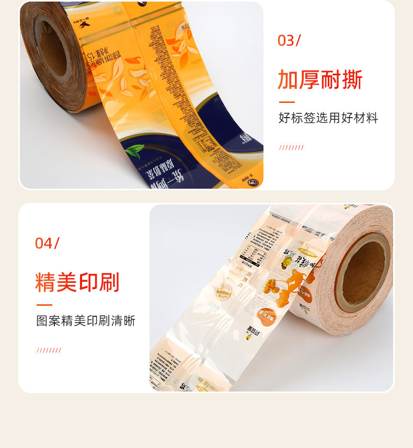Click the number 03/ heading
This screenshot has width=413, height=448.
tap(289, 41)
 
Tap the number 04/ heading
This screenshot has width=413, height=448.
tap(47, 243)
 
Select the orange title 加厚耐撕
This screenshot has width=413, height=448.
tap(319, 79)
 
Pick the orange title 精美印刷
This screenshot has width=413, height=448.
tap(77, 282)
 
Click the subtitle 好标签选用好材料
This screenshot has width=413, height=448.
tap(328, 118)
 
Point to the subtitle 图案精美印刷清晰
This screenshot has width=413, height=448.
tap(86, 321)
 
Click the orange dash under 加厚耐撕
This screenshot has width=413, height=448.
tap(286, 102)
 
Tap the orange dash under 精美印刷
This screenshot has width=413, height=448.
tap(44, 305)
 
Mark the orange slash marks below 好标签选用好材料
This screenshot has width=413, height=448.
tap(291, 147)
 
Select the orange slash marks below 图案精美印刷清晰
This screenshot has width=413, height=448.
tap(49, 350)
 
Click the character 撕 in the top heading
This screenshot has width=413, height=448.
tap(351, 79)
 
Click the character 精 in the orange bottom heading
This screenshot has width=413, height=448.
tap(45, 282)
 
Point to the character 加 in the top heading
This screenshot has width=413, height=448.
tap(288, 79)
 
